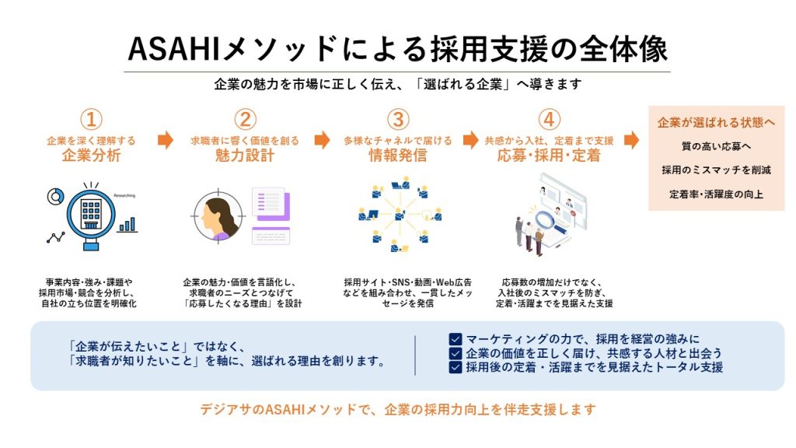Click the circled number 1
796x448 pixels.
click(x=92, y=119)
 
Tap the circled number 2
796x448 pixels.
click(x=245, y=119)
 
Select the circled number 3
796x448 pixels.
click(x=398, y=119)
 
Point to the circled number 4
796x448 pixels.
click(x=549, y=119)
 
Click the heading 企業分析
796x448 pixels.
click(x=92, y=155)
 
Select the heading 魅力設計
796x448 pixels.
click(x=245, y=155)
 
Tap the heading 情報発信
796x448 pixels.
click(x=398, y=155)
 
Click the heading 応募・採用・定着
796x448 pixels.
click(x=549, y=155)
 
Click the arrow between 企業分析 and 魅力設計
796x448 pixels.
click(x=166, y=140)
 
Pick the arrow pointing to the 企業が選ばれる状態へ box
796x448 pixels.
click(x=631, y=140)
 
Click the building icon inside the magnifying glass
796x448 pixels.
click(x=92, y=212)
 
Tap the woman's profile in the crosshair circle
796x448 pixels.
click(x=218, y=219)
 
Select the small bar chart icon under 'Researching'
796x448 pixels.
click(x=127, y=225)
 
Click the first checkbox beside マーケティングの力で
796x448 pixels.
click(x=456, y=339)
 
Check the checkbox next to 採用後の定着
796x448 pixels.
click(x=456, y=367)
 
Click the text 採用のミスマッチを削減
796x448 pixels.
click(x=716, y=170)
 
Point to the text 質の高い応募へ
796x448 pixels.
click(x=716, y=146)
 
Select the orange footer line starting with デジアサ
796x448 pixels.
click(x=398, y=409)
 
